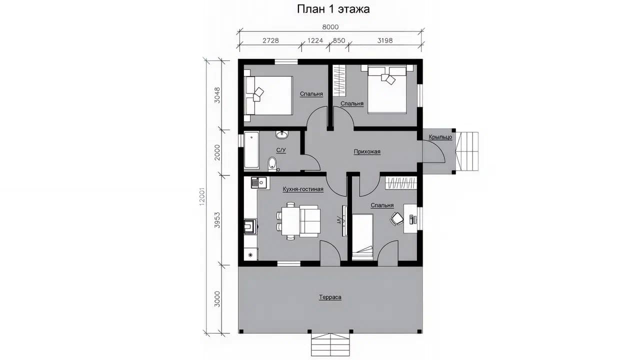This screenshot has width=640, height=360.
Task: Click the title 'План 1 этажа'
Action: point(333,9)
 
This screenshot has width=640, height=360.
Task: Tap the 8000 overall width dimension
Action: point(330,27)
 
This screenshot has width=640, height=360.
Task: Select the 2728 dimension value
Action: point(270,40)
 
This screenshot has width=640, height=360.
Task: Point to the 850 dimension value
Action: point(339,40)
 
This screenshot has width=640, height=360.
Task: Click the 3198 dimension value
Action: point(385,40)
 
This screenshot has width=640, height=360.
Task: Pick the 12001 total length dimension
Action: point(202,196)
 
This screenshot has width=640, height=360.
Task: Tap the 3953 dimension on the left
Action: point(217,219)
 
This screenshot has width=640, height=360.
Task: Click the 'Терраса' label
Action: point(330,297)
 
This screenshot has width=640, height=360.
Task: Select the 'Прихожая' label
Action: point(367,151)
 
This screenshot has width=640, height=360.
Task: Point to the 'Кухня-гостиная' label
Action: point(303,189)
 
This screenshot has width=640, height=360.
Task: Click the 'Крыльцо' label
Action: point(440,137)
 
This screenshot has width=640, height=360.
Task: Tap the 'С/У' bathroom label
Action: point(281,150)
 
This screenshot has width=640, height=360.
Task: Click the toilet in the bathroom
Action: point(272,164)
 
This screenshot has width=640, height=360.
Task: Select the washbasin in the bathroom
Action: point(282,134)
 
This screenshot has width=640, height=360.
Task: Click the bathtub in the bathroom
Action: point(251,150)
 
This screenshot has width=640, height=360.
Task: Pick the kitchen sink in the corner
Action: point(259,182)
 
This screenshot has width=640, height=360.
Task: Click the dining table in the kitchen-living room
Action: point(290,221)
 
